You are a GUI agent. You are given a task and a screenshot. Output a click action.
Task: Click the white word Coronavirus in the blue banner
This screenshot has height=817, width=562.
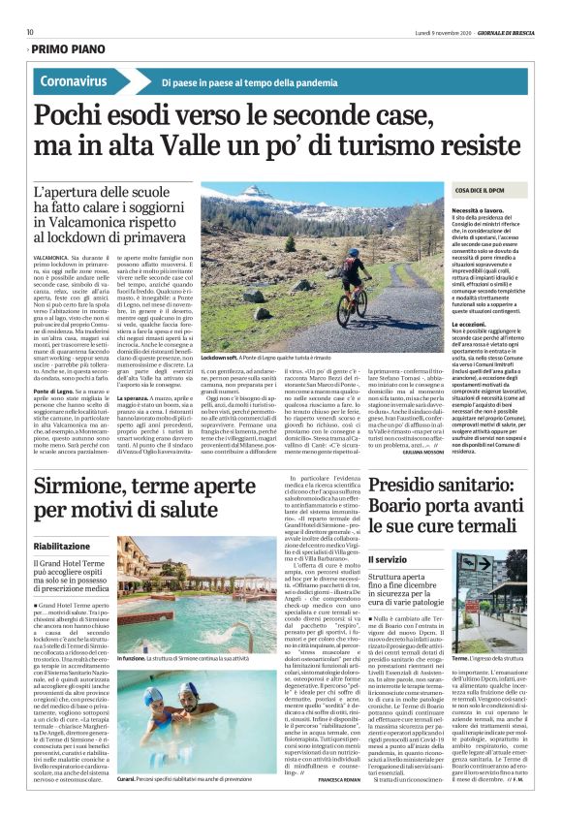75,82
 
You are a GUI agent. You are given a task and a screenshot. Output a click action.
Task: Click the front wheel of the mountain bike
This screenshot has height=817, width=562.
344,313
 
